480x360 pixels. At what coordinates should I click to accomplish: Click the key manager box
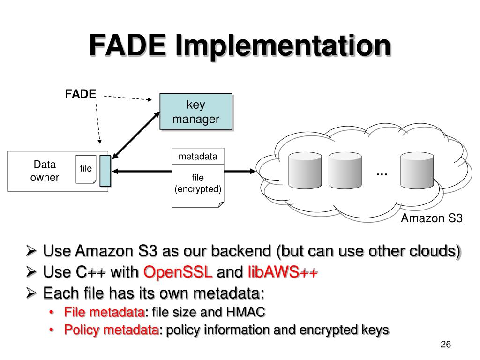coord(196,112)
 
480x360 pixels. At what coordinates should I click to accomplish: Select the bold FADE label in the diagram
coord(81,94)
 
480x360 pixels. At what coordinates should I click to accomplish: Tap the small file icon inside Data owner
coord(86,169)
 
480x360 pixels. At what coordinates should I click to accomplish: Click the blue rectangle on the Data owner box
coord(105,171)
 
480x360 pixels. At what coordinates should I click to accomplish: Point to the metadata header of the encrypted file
coord(198,156)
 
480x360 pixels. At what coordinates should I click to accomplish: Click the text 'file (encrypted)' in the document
coord(198,183)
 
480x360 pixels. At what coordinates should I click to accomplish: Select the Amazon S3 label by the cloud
coord(432,218)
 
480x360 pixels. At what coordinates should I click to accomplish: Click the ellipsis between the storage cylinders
coord(382,174)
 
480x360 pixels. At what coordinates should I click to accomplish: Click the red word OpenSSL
coord(178,272)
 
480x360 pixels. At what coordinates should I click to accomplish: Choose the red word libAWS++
coord(283,272)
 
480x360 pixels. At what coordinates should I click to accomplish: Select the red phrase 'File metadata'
coord(105,312)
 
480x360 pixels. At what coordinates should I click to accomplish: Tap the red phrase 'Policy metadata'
coord(112,330)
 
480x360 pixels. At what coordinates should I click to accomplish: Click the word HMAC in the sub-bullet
coord(246,312)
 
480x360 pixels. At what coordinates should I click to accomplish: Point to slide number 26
coord(446,345)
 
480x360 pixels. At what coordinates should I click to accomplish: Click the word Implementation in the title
coord(283,46)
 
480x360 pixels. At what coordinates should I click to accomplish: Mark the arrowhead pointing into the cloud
coord(253,171)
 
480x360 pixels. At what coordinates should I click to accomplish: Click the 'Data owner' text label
coord(45,171)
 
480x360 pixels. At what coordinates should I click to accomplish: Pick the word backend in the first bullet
coord(241,251)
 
